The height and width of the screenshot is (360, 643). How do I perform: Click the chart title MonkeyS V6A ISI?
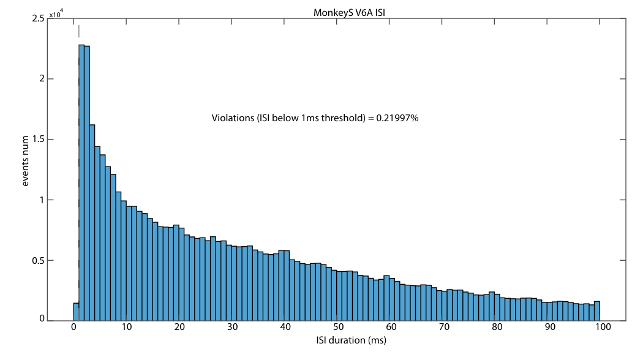349,12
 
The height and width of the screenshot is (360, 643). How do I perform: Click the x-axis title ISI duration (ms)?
351,340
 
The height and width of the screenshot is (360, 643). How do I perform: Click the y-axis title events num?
26,161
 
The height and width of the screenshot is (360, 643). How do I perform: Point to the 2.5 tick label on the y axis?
38,18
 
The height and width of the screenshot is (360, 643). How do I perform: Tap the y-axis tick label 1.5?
38,140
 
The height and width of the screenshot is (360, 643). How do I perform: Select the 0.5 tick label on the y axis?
38,260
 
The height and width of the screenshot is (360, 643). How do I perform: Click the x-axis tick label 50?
338,327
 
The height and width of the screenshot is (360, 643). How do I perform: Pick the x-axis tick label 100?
603,327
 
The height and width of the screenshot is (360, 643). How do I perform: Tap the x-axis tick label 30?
233,327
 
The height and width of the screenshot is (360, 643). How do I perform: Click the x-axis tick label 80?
497,327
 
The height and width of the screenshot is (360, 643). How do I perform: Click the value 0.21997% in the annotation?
397,118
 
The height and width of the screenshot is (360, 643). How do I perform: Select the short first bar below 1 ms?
77,312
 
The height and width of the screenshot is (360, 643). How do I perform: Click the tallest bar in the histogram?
81,182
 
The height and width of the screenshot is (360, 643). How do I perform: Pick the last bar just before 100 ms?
597,311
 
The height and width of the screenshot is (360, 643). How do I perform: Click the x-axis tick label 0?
74,327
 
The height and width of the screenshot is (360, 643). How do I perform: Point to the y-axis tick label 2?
42,79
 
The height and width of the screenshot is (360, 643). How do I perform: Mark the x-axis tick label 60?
391,327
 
